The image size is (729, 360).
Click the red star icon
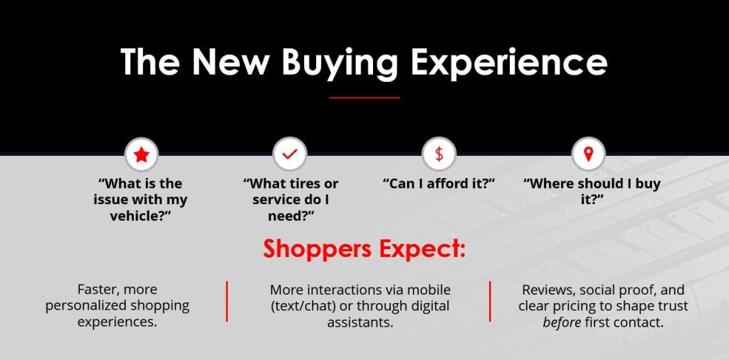(142, 154)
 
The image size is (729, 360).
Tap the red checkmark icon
(290, 154)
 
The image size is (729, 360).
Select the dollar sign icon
(439, 154)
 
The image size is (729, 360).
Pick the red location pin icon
(588, 154)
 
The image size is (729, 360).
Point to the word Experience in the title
(509, 62)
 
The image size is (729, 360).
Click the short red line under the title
(364, 97)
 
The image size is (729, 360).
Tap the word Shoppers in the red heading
(318, 249)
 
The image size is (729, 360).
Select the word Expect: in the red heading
(422, 249)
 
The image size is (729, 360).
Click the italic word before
(562, 322)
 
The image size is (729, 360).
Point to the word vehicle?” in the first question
(140, 216)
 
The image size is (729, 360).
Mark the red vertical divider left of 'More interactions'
(227, 301)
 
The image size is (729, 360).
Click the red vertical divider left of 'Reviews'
(490, 301)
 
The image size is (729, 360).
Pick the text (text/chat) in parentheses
(299, 307)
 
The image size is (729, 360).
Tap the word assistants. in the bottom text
(360, 322)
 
